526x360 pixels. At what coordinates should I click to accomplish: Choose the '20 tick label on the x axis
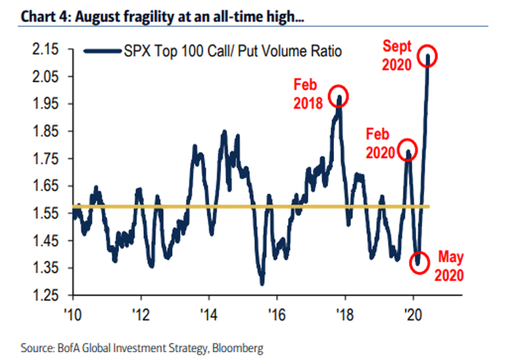click(x=413, y=314)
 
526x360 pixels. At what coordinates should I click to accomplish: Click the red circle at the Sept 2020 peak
click(x=428, y=56)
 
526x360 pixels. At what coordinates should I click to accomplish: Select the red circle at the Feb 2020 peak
click(x=408, y=150)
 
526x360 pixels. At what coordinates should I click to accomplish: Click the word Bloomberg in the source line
click(x=239, y=348)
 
